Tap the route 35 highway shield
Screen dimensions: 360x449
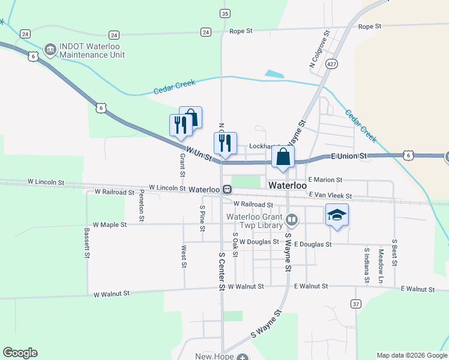click(225, 13)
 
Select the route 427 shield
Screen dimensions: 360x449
click(331, 63)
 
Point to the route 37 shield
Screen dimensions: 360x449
click(356, 304)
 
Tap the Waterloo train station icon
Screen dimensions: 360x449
click(228, 189)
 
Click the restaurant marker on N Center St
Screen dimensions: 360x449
click(225, 143)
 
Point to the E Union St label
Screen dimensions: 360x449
click(349, 156)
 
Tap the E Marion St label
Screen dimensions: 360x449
click(325, 179)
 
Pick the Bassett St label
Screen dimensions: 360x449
click(87, 242)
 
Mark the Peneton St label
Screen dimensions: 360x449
click(142, 206)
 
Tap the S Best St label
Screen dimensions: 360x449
click(394, 252)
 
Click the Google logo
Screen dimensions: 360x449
click(20, 353)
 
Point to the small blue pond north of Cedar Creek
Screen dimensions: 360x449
click(275, 74)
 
